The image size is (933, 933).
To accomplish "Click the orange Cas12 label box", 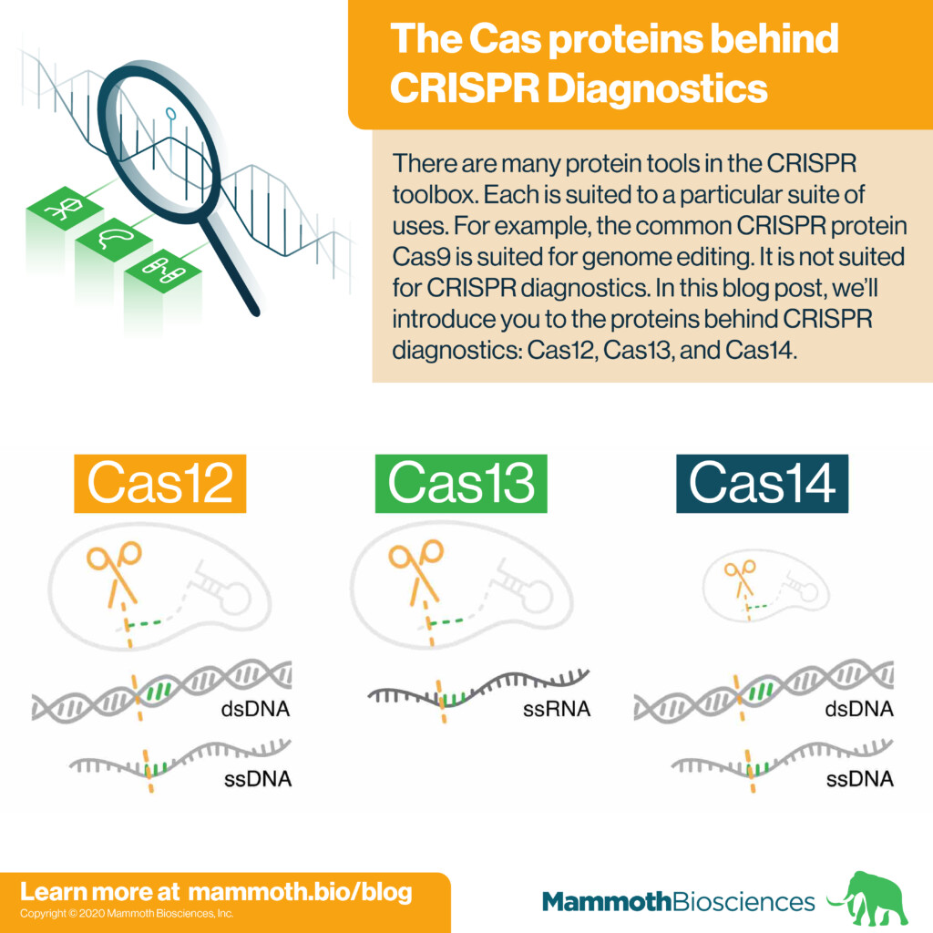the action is tap(160, 483).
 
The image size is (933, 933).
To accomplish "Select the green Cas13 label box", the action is tap(461, 483).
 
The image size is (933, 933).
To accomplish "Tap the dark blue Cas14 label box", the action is tap(763, 483).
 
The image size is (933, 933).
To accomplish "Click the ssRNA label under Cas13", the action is tap(557, 709).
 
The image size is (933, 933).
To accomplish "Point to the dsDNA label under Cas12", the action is tap(255, 709).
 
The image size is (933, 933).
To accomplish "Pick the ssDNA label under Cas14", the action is tap(860, 778).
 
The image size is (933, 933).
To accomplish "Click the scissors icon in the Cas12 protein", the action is tap(114, 573).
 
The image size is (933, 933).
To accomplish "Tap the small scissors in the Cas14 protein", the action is tap(740, 578).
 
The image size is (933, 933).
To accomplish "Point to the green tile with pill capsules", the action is tap(162, 272).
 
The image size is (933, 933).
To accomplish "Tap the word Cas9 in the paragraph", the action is tap(422, 256).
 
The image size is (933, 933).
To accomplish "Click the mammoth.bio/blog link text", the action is tap(300, 891).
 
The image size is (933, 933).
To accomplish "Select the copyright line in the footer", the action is tap(127, 913).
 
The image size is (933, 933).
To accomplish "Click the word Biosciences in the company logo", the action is tap(743, 901).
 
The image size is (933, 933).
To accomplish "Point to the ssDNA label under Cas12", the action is tap(258, 778).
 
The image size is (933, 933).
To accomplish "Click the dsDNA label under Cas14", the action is tap(859, 709).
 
